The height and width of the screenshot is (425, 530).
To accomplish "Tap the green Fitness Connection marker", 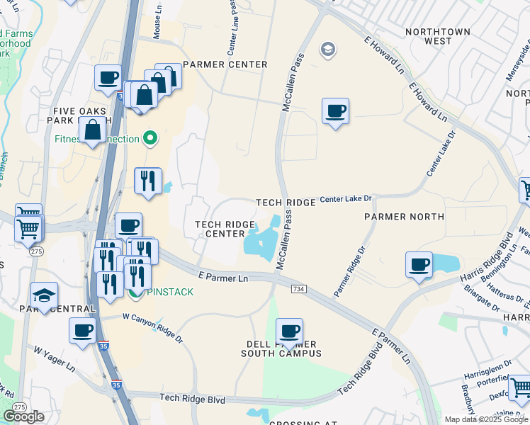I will coord(150,138).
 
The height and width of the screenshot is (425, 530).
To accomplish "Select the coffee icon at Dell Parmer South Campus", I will coord(289,331).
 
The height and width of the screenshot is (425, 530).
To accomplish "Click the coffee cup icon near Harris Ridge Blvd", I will coord(419,265).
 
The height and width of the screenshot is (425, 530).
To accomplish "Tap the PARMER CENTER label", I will coord(225,64).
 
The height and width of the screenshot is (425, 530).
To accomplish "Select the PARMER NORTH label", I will coord(404,216).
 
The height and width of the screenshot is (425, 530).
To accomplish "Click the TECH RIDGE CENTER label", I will coord(225,229).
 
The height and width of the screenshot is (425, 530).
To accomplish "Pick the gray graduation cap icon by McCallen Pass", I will coord(327,50).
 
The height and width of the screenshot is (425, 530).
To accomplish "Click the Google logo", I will coord(23,416).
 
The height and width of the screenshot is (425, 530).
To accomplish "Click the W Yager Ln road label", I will coord(54,359).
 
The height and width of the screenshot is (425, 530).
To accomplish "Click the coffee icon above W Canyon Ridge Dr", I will coord(82,331).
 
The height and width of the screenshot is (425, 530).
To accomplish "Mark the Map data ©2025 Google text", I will coord(486,419).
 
